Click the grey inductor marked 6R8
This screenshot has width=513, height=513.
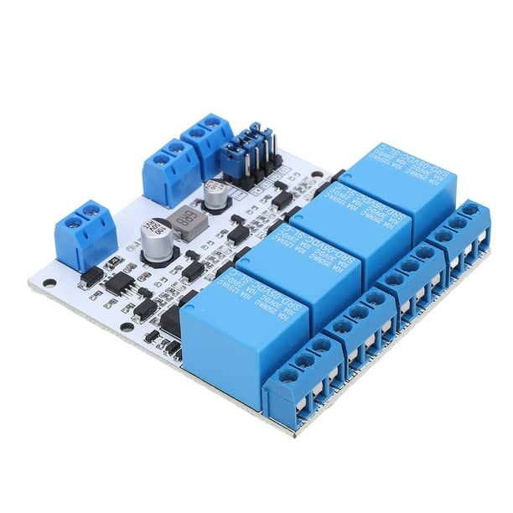[186, 222]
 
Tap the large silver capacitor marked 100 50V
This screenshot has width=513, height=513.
[156, 240]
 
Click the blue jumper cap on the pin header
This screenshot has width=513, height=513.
[241, 148]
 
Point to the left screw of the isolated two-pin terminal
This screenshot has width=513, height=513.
[69, 219]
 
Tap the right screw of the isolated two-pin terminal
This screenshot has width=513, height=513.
[89, 210]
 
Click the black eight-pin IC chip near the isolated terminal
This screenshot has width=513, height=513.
[118, 283]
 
